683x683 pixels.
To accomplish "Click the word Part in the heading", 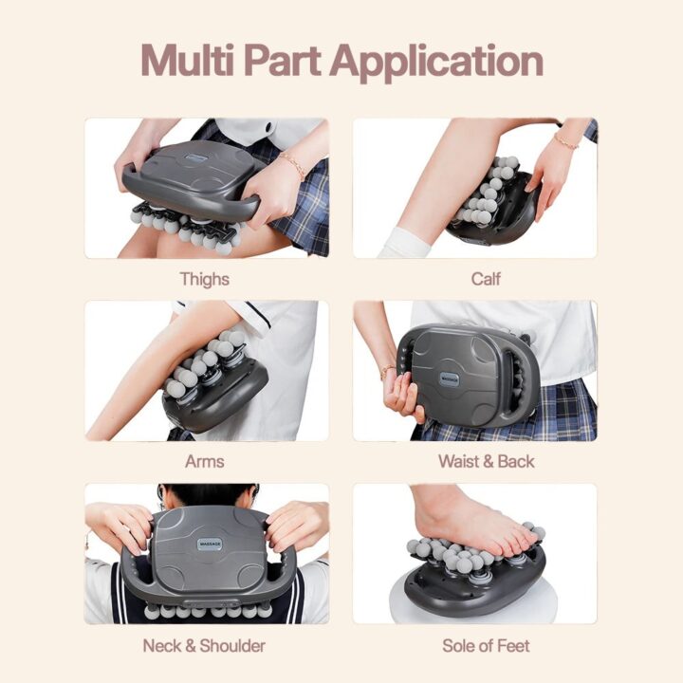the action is (283, 61).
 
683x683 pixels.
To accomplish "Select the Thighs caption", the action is (205, 280).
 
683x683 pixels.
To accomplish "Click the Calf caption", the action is (486, 279).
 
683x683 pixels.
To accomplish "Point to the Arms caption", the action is (205, 461).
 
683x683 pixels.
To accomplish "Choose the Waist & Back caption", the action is (486, 461).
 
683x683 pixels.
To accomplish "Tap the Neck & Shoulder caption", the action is (204, 646).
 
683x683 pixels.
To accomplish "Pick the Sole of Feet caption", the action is (486, 646).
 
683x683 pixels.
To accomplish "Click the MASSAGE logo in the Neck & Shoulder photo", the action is (210, 545).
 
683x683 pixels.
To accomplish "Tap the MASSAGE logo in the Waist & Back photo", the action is (450, 378).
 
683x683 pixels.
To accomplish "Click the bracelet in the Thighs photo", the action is (293, 164).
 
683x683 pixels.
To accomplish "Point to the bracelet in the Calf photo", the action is (566, 141).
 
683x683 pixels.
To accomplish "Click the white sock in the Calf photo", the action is (404, 243).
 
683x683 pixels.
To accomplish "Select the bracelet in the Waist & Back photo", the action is (387, 371).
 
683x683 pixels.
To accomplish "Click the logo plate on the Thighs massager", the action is (197, 157).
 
